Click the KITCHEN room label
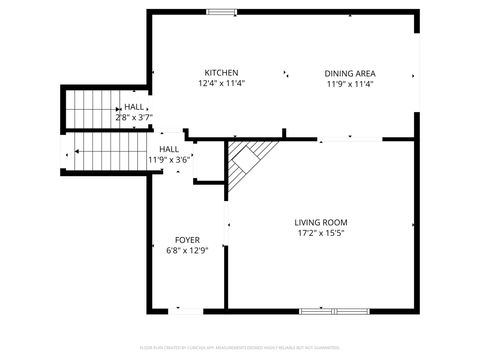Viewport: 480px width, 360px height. [221, 73]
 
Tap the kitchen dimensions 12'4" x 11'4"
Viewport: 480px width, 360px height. [221, 84]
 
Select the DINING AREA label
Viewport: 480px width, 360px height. [350, 73]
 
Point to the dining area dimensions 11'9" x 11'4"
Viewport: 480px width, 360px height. [350, 84]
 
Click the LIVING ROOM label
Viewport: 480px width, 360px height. [321, 222]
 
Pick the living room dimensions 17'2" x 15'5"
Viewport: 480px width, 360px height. [321, 233]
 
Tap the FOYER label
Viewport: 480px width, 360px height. [187, 240]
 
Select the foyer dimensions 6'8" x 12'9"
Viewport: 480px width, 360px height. [187, 251]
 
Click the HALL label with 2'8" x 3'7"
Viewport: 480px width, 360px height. [133, 107]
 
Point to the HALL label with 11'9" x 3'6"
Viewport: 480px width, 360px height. [170, 149]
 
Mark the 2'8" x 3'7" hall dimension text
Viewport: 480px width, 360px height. [133, 117]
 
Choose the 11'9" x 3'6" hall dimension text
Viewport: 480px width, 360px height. [169, 159]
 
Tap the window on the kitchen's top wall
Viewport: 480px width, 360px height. [221, 12]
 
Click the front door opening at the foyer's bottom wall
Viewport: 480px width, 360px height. [186, 311]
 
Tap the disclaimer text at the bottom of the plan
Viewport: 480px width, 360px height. [240, 348]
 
